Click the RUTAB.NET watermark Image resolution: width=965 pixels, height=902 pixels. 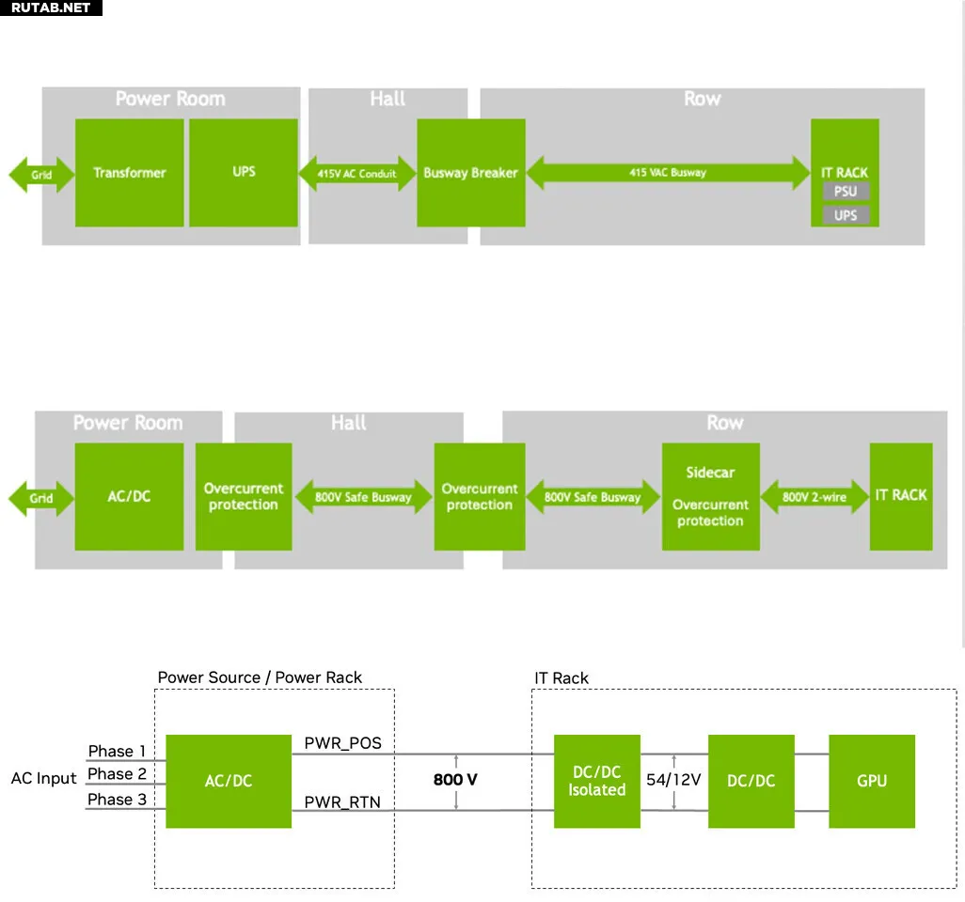(51, 8)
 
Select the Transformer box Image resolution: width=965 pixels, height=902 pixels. (130, 173)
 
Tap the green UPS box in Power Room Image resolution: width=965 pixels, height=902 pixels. (244, 173)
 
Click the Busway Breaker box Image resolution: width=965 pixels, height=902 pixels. (470, 173)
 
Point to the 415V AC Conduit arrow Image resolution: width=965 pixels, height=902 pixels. (357, 174)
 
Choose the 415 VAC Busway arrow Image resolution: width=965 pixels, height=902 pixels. (668, 173)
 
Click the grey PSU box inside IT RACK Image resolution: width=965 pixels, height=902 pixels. (846, 192)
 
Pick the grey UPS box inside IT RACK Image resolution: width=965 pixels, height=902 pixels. (846, 215)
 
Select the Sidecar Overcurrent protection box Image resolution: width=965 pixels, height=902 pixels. (710, 497)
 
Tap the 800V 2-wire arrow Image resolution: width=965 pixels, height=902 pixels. (815, 497)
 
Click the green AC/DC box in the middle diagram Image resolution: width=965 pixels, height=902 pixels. (130, 496)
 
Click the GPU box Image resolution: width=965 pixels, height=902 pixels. (872, 781)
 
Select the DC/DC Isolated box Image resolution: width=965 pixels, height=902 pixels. (596, 781)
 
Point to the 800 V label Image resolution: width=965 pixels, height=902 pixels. (455, 781)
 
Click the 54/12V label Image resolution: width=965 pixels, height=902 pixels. (673, 780)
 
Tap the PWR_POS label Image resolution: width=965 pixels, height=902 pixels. (342, 743)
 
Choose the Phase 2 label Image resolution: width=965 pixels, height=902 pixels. (117, 774)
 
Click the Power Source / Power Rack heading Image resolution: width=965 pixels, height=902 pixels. (260, 677)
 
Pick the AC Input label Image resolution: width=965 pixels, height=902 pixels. (43, 779)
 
